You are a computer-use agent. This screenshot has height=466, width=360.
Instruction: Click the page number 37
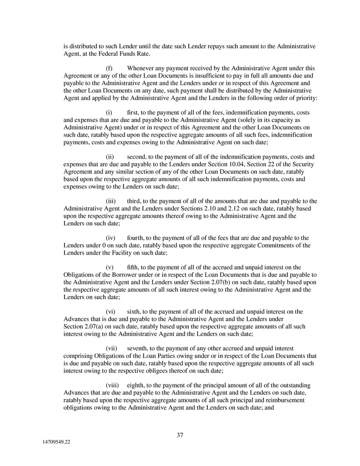tap(180, 435)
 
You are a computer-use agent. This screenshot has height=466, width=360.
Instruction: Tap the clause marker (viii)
tap(112, 385)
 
